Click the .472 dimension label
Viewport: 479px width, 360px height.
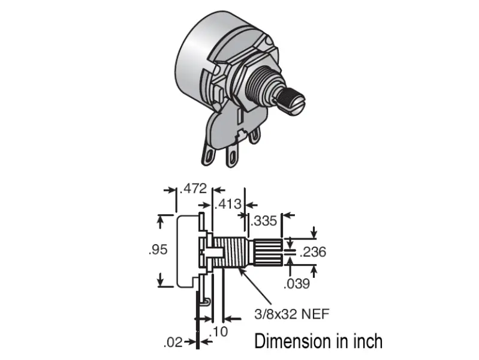[x=194, y=188]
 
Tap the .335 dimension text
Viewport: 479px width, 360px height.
[x=264, y=220]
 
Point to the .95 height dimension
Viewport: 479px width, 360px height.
[x=157, y=250]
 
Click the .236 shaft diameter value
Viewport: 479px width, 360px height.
[x=313, y=251]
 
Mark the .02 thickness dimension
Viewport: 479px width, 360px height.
[x=174, y=343]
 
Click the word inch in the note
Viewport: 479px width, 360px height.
[x=365, y=341]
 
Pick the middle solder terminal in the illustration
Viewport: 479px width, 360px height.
[x=230, y=158]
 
